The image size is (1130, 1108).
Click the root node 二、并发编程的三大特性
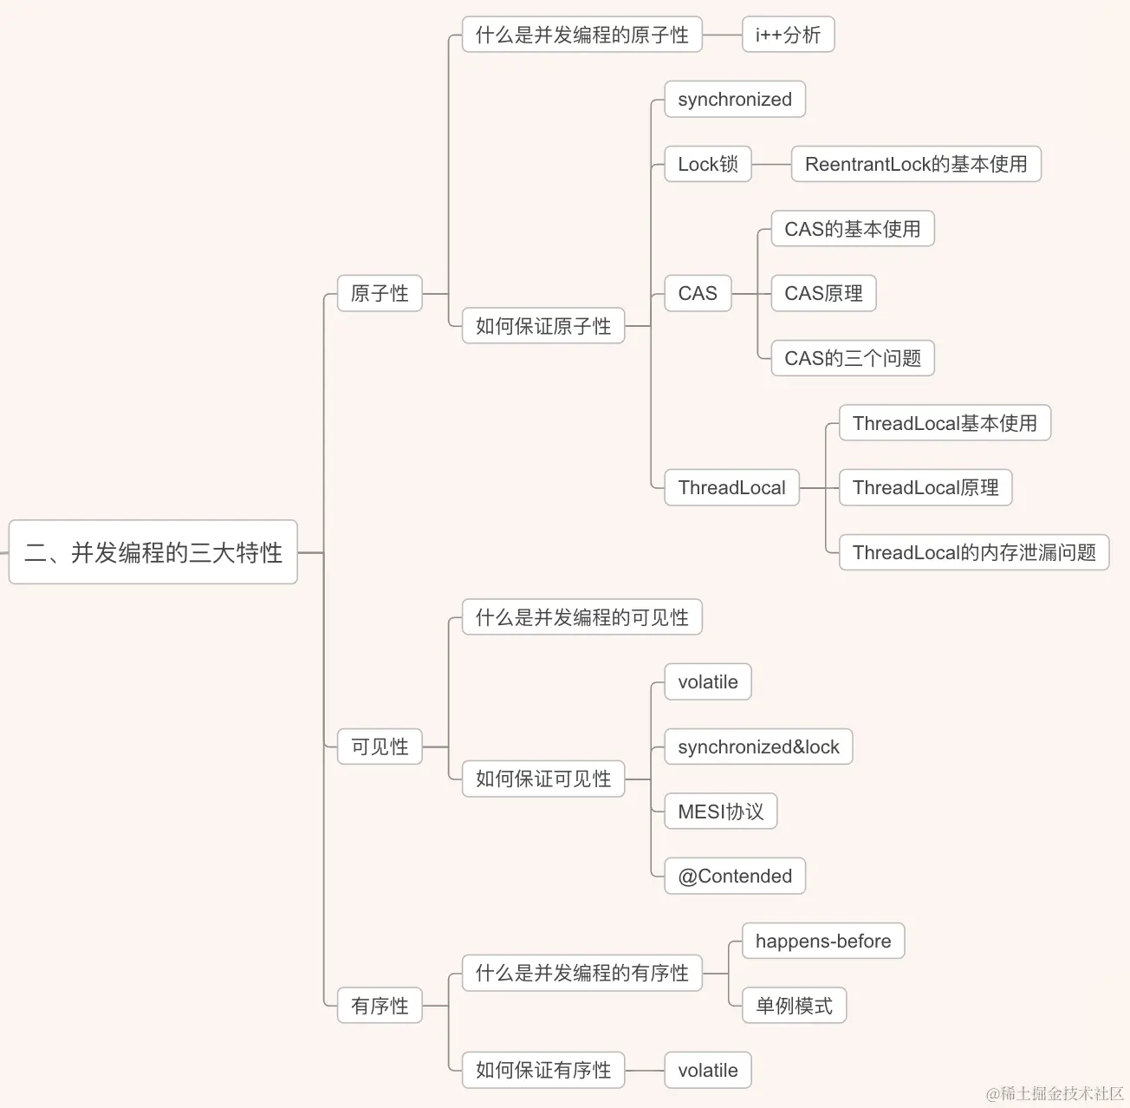[153, 552]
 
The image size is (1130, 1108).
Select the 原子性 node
[380, 293]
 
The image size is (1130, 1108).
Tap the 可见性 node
[380, 746]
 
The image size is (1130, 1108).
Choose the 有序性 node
[380, 1006]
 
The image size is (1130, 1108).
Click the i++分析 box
[788, 35]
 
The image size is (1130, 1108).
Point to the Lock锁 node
[707, 164]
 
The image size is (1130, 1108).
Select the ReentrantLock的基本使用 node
[915, 164]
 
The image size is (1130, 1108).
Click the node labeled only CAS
[698, 293]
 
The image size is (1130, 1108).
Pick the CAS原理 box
[823, 293]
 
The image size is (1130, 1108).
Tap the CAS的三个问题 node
[852, 358]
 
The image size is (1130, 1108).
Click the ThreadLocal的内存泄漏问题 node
[973, 552]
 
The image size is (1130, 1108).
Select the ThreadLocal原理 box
[925, 487]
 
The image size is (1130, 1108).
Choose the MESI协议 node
[720, 811]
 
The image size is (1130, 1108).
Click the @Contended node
[735, 876]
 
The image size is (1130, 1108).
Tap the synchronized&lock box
[758, 746]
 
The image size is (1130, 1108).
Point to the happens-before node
[822, 941]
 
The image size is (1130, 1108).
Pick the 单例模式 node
[794, 1006]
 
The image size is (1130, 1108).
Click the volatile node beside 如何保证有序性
[707, 1070]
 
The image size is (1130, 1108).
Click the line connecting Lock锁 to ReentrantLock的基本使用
[771, 164]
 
